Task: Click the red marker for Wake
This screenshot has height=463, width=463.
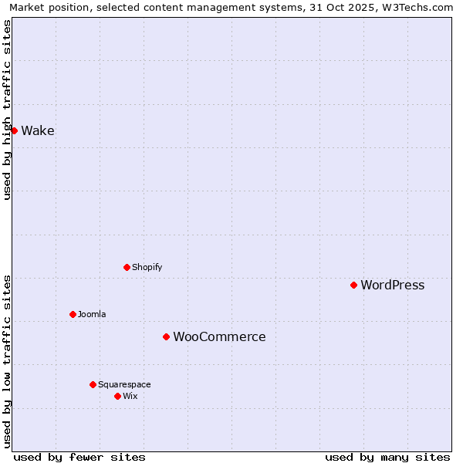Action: coord(14,130)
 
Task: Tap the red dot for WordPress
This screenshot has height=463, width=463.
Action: coord(353,285)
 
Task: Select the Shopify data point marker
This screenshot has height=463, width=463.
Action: coord(127,267)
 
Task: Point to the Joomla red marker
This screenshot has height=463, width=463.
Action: coord(73,314)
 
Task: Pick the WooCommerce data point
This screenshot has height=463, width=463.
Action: coord(166,336)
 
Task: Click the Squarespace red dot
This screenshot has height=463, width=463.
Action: coord(93,384)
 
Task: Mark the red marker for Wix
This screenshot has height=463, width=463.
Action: coord(117,396)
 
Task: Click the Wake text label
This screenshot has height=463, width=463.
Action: coord(38,131)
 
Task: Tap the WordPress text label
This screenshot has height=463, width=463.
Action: coord(392,286)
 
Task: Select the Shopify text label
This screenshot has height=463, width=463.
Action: coord(147,268)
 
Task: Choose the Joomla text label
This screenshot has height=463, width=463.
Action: coord(92,315)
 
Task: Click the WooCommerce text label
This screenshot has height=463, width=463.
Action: coord(219,337)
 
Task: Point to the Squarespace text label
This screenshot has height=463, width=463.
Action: coord(124,385)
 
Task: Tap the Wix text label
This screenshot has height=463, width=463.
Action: coord(130,397)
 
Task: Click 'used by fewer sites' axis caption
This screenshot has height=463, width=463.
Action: coord(79,457)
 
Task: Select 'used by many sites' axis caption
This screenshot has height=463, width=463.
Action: coord(387,457)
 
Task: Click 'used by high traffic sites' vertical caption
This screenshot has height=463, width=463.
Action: coord(7,110)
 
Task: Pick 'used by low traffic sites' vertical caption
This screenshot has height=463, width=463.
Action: coord(7,361)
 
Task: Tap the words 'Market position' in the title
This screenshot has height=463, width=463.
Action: coord(48,8)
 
